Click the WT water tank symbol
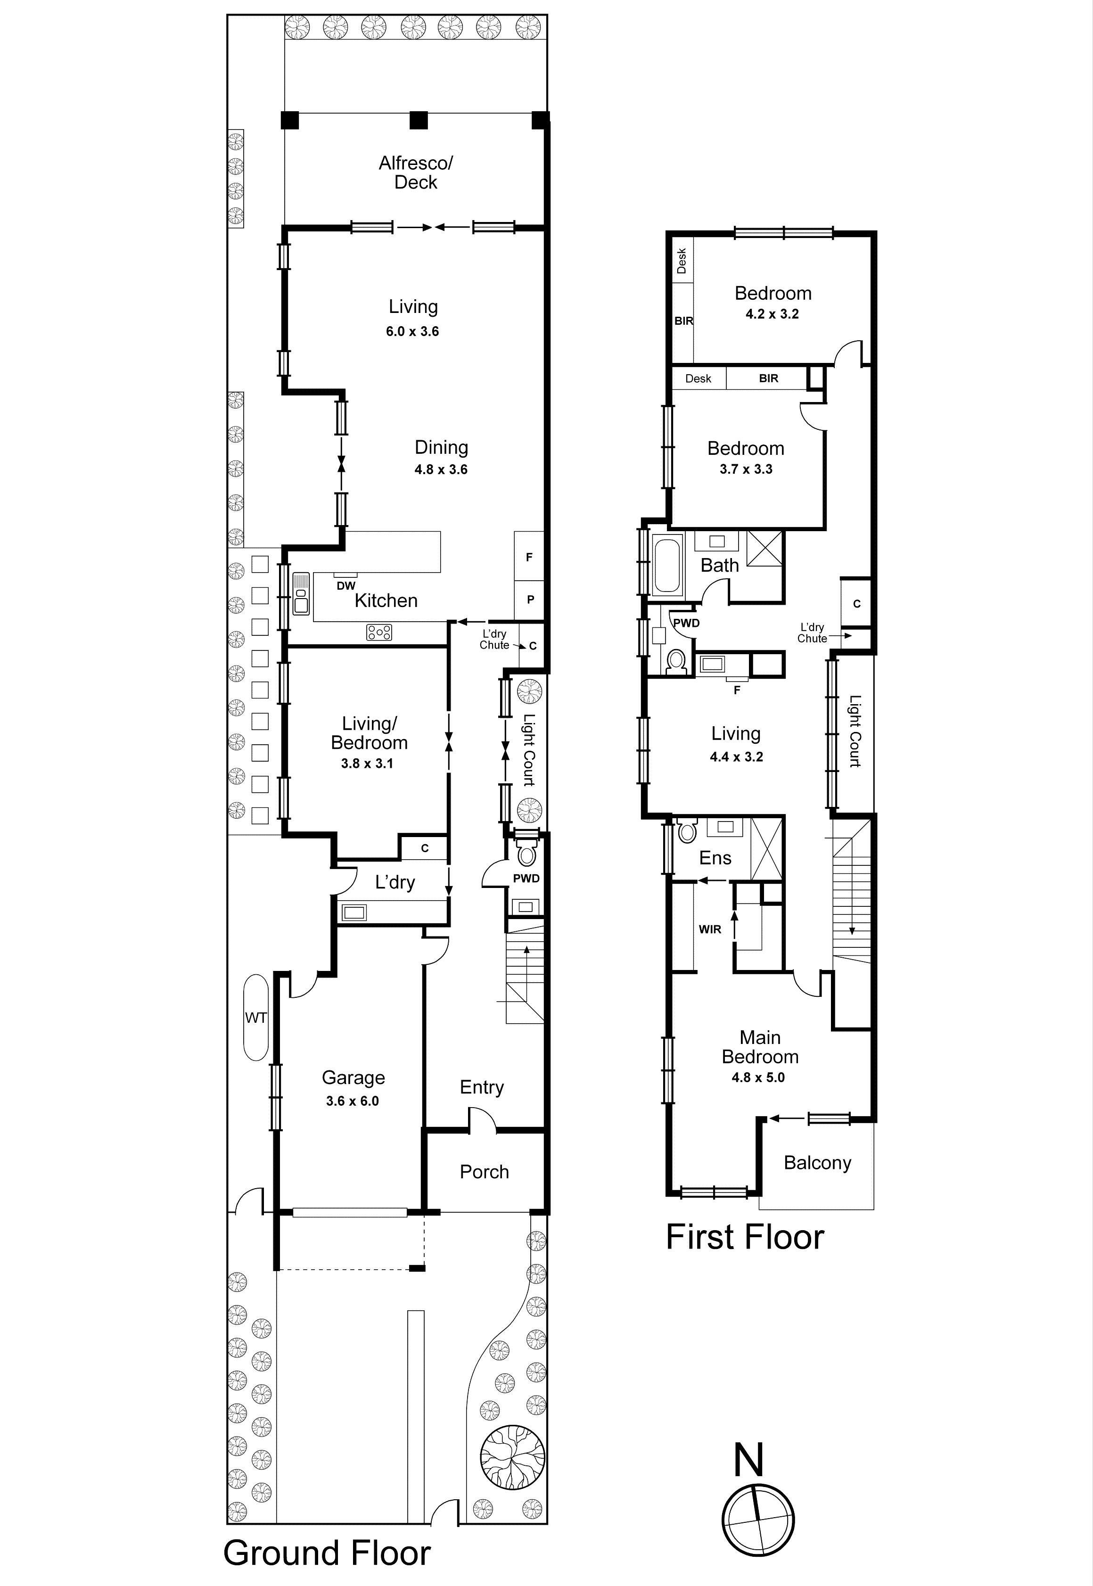click(x=255, y=1018)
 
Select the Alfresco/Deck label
click(x=416, y=173)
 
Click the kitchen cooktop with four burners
click(x=379, y=632)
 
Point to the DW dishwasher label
click(x=346, y=585)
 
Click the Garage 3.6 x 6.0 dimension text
click(x=353, y=1101)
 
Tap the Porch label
click(x=484, y=1172)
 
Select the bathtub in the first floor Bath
click(x=668, y=566)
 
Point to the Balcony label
click(x=817, y=1163)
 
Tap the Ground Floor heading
click(x=327, y=1553)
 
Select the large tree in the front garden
click(x=512, y=1456)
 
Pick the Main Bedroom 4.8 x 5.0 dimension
click(x=758, y=1077)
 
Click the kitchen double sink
click(x=301, y=593)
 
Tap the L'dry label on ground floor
click(x=394, y=882)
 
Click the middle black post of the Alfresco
click(x=419, y=121)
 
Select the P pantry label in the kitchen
click(x=530, y=599)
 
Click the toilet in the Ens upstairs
click(x=687, y=831)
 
